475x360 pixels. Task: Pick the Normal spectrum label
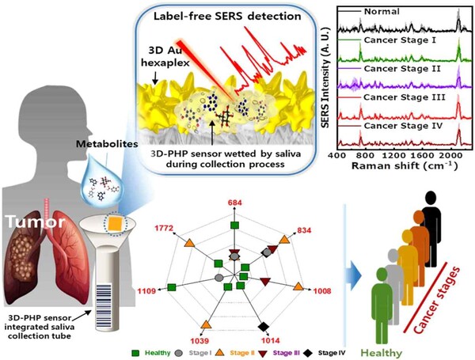click(382, 11)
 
